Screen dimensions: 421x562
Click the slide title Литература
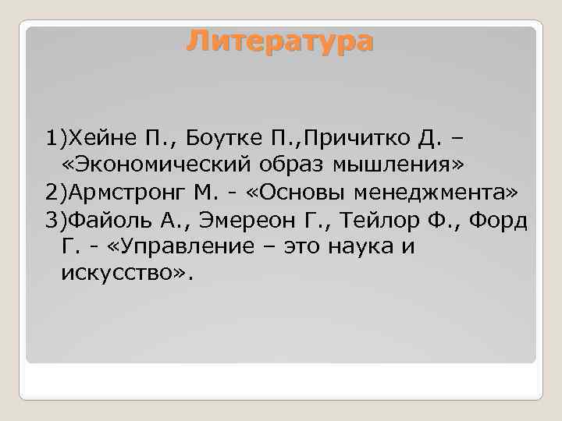coord(280,41)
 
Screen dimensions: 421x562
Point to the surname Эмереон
coord(237,220)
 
